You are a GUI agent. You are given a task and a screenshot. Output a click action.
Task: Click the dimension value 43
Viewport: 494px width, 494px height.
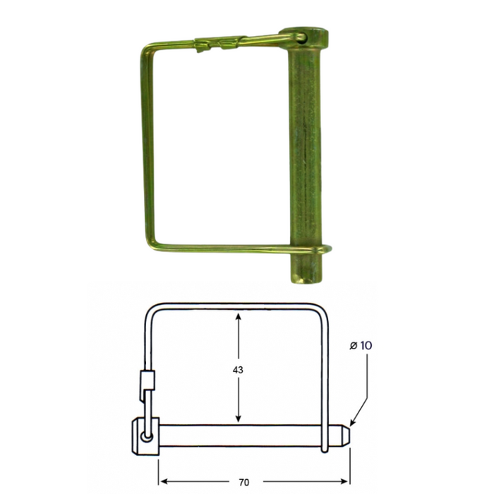[x=238, y=370]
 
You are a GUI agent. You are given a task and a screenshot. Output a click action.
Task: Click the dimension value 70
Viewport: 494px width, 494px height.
[x=244, y=482]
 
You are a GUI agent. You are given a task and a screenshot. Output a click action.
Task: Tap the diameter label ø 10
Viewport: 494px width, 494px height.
[x=361, y=346]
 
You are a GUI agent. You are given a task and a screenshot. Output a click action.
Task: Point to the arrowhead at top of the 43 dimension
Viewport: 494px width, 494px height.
[x=239, y=318]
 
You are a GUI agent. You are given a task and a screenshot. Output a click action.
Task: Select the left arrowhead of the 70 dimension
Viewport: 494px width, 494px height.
[x=165, y=481]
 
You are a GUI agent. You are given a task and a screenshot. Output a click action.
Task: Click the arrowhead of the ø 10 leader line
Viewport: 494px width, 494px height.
[x=353, y=422]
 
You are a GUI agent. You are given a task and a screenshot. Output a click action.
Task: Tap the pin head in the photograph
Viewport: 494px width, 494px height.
[x=304, y=38]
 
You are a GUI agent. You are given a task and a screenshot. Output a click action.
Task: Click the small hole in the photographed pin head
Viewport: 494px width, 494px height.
[x=302, y=38]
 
